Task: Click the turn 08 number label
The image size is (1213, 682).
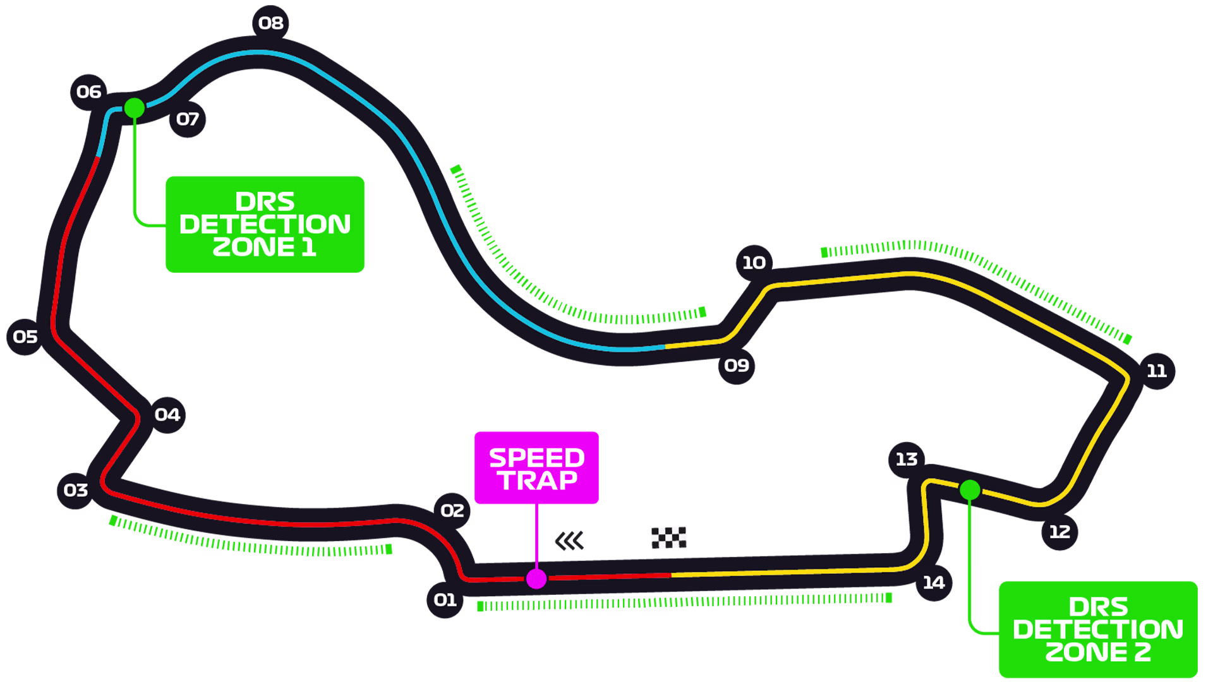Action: pyautogui.click(x=271, y=23)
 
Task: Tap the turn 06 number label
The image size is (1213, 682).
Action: pyautogui.click(x=88, y=92)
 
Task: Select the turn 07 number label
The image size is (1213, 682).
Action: pyautogui.click(x=188, y=119)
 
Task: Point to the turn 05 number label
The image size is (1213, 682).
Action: pyautogui.click(x=25, y=337)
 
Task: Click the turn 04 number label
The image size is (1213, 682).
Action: pyautogui.click(x=167, y=415)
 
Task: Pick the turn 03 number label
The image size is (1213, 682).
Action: pyautogui.click(x=76, y=491)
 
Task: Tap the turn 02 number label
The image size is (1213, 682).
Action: pyautogui.click(x=452, y=511)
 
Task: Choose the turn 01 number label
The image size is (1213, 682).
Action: pyautogui.click(x=445, y=600)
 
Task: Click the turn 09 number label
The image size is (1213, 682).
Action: pyautogui.click(x=737, y=366)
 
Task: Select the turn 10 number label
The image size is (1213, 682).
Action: pyautogui.click(x=754, y=263)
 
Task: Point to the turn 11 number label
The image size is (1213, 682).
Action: pyautogui.click(x=1157, y=371)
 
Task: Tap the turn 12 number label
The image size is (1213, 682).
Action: pyautogui.click(x=1059, y=532)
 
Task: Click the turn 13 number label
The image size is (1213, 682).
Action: pyautogui.click(x=907, y=459)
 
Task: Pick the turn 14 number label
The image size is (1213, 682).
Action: pyautogui.click(x=934, y=583)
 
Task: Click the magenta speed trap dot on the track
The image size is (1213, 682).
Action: pyautogui.click(x=536, y=578)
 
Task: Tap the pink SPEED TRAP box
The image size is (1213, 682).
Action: pyautogui.click(x=536, y=469)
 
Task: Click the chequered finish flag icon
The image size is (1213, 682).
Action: pyautogui.click(x=668, y=537)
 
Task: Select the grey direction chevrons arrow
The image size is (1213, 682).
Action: pyautogui.click(x=569, y=541)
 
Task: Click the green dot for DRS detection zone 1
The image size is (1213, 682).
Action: pyautogui.click(x=135, y=108)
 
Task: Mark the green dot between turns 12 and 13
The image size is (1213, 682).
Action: pyautogui.click(x=970, y=490)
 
